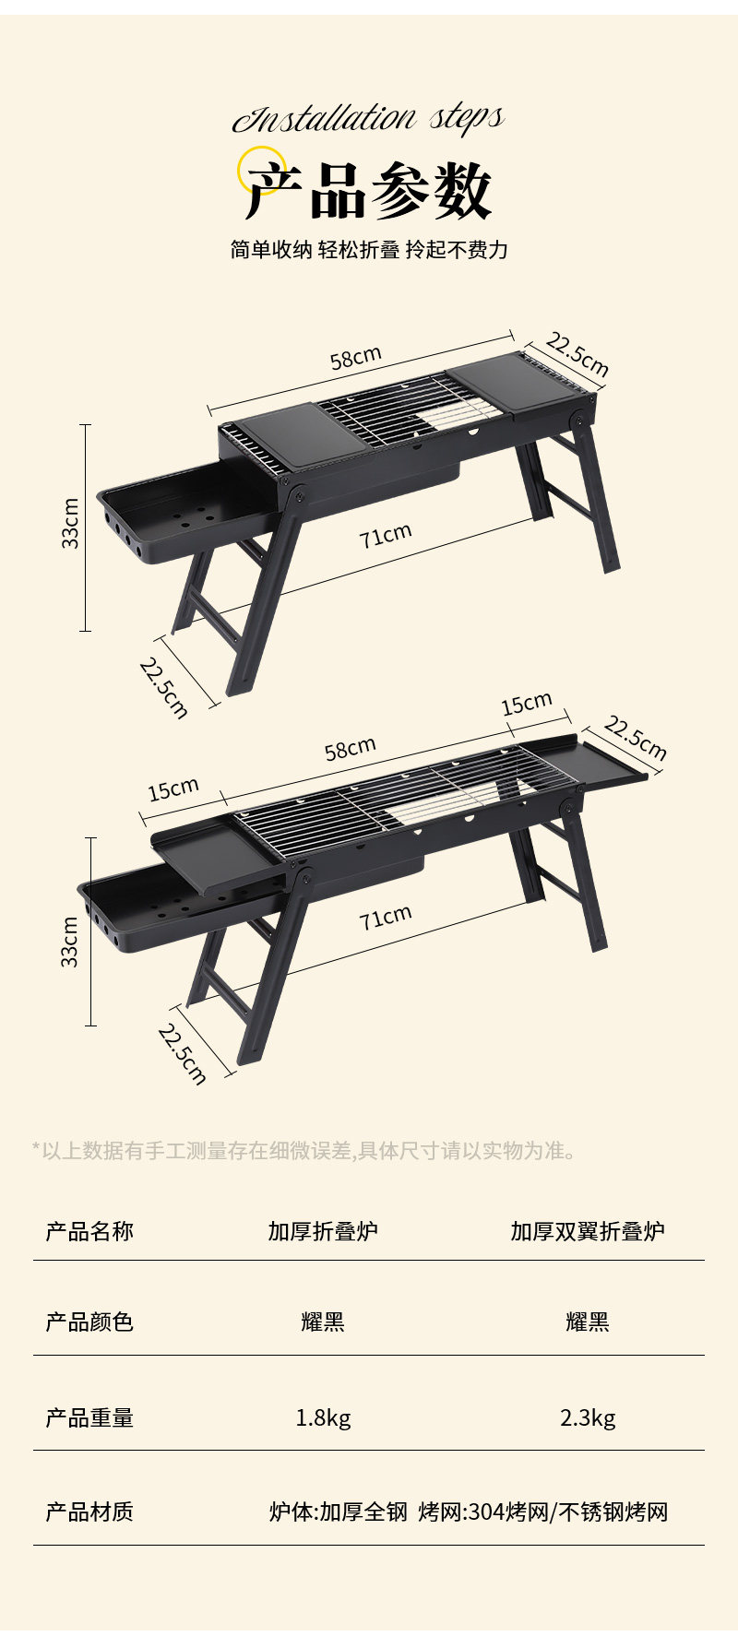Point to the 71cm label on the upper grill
coord(386,535)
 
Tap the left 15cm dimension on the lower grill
coord(173,789)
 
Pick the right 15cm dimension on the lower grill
coord(527,705)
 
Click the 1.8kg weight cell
coord(323,1417)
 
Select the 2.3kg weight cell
coord(588,1417)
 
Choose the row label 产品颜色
coord(89,1322)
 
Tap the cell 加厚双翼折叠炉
coord(588,1231)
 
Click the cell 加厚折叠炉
coord(323,1231)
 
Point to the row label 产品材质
coord(89,1512)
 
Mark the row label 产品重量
coord(89,1417)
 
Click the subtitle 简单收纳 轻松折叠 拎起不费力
coord(369,250)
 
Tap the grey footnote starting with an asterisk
coord(304,1151)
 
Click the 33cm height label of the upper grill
coord(71,524)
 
